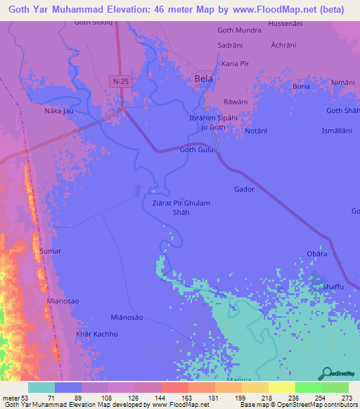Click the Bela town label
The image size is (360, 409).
(x=203, y=79)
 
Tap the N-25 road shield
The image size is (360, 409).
(x=120, y=82)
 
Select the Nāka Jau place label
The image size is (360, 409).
(x=59, y=111)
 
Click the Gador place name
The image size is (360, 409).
(x=244, y=189)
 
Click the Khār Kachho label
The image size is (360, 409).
(x=97, y=334)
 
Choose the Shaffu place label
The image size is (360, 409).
(x=333, y=286)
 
